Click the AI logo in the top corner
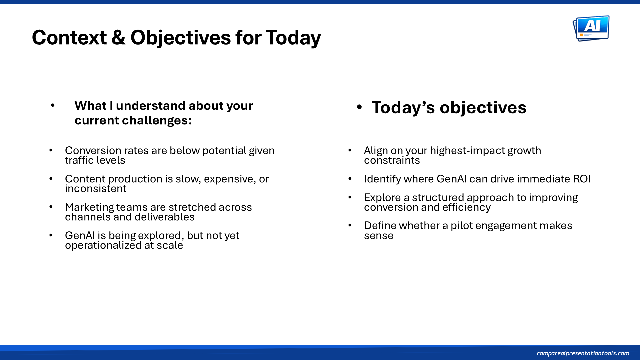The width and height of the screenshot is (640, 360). tap(591, 28)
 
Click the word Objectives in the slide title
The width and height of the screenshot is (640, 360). tap(180, 37)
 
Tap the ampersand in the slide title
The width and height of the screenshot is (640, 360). tap(118, 37)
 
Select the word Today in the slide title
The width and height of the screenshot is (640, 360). tap(293, 38)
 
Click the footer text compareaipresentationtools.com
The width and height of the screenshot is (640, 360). tap(583, 353)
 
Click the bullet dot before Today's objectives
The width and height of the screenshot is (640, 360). tap(359, 107)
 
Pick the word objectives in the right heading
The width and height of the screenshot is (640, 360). tap(483, 108)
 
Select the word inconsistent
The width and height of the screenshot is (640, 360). tap(96, 189)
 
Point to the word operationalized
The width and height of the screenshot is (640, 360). tap(103, 246)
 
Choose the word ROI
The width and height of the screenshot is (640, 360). tap(582, 179)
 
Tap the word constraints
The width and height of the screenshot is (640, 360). tap(392, 160)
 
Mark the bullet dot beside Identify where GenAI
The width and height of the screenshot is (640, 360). tap(350, 179)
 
